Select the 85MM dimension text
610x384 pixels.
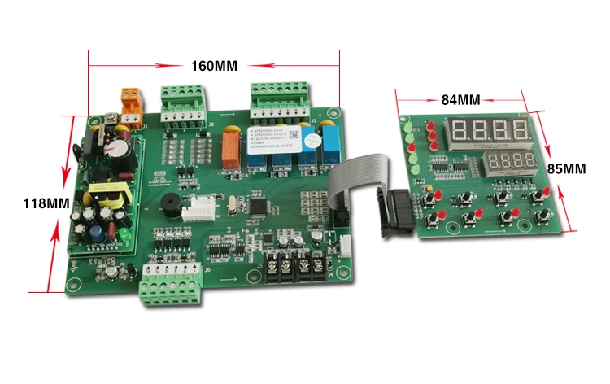click(x=566, y=169)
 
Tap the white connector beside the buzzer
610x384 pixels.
click(x=198, y=210)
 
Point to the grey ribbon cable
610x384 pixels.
click(x=358, y=179)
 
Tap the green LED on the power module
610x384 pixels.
click(x=124, y=238)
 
